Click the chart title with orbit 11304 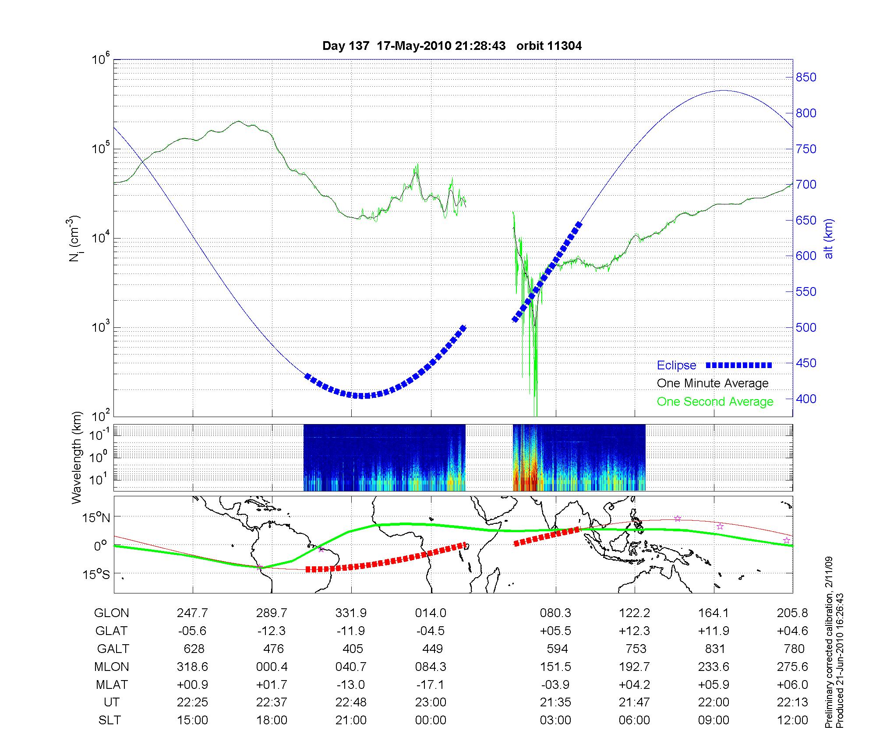point(452,46)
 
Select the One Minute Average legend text point(713,383)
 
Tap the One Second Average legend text point(715,402)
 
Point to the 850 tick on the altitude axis point(806,77)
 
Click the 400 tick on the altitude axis point(806,399)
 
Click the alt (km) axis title point(829,239)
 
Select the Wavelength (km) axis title point(76,458)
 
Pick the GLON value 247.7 point(192,613)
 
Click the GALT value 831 point(715,649)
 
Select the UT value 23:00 point(431,702)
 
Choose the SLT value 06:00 point(634,720)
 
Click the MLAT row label point(112,684)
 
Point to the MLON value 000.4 point(272,667)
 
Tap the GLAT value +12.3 point(634,631)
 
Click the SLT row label point(109,720)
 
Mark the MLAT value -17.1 point(431,684)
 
